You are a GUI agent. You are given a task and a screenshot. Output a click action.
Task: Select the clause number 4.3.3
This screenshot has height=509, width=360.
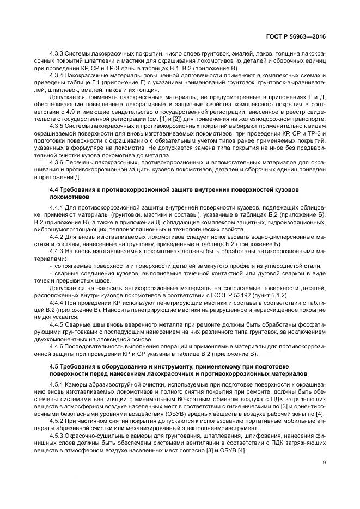57,54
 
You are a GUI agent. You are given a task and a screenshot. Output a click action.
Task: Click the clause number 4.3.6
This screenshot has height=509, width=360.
57,162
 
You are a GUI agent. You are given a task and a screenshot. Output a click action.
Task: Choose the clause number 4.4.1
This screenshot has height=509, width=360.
57,208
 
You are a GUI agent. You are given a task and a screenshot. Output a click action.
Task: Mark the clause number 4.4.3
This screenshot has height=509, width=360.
57,252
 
